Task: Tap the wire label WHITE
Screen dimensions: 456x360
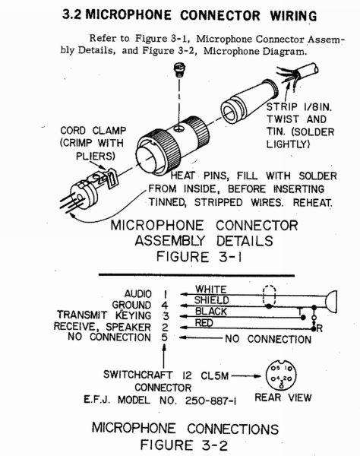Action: [x=210, y=289]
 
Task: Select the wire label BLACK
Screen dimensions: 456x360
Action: [x=210, y=312]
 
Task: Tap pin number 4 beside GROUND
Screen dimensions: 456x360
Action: [x=163, y=304]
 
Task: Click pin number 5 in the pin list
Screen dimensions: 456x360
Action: [x=163, y=337]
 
